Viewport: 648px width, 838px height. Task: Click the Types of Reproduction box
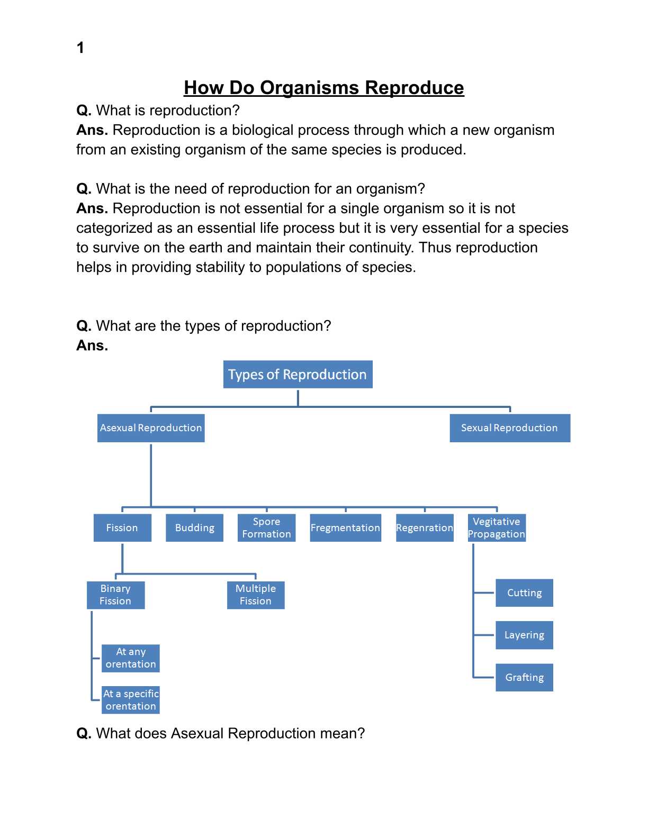[298, 375]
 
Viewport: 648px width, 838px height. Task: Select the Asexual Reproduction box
[151, 428]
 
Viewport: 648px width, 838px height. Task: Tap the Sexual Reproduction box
[509, 428]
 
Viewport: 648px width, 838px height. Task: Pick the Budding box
[194, 528]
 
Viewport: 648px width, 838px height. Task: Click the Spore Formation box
[266, 528]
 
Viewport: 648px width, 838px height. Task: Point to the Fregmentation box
[345, 528]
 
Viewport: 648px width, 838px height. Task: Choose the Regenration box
[425, 528]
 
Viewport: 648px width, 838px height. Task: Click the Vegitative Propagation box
[496, 528]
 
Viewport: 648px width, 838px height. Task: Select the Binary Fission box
[115, 595]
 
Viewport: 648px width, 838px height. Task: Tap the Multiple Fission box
[256, 595]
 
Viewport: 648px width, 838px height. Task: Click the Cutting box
[524, 593]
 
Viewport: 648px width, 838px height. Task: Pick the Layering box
[524, 635]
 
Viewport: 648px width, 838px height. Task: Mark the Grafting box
[524, 678]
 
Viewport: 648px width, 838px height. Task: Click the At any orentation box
[131, 658]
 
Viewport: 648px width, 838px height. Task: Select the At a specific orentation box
[131, 700]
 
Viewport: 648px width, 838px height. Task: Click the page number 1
[80, 48]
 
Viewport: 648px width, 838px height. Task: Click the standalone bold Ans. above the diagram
[92, 345]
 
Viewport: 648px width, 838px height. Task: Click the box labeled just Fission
[122, 528]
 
